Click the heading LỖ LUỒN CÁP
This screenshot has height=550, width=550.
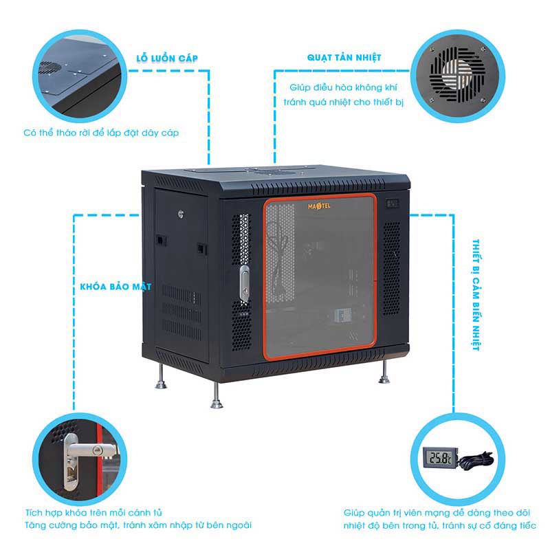[167, 58]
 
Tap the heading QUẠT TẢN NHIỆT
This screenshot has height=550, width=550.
[344, 58]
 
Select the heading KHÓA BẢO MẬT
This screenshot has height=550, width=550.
[115, 287]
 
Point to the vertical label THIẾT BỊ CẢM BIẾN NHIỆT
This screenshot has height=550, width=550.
[476, 295]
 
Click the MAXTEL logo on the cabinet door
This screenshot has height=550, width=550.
[319, 206]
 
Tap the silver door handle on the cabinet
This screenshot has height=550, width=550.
[245, 283]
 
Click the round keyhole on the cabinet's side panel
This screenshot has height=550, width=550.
[181, 214]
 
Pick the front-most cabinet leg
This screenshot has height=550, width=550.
[217, 395]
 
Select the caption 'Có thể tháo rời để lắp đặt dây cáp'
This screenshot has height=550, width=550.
[101, 133]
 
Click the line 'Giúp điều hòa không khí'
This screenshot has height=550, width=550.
[343, 87]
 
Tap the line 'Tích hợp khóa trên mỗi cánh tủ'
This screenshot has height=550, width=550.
[93, 512]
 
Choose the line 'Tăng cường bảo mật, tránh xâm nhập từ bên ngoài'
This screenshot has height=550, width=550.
[138, 525]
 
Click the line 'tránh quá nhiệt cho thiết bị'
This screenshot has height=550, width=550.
[343, 102]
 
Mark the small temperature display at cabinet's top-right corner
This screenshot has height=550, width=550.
[393, 203]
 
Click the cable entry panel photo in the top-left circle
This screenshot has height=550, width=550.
[80, 76]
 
